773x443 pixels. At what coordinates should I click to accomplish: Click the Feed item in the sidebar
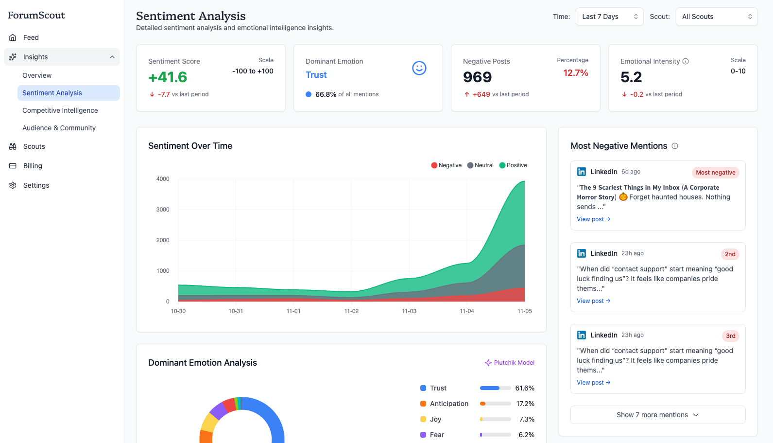point(31,37)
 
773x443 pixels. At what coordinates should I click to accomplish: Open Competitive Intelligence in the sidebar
point(60,110)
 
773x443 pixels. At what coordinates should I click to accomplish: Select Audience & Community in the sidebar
point(59,128)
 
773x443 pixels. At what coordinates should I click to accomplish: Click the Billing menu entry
point(33,166)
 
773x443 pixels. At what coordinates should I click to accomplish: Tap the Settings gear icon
point(13,185)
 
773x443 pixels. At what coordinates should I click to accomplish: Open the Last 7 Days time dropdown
point(609,17)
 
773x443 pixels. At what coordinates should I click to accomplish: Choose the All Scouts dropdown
point(716,17)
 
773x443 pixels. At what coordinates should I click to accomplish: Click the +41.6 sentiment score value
point(168,77)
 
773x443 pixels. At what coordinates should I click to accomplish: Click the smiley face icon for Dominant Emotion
point(419,68)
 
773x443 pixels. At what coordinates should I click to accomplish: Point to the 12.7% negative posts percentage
point(575,73)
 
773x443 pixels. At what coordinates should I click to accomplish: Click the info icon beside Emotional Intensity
point(686,61)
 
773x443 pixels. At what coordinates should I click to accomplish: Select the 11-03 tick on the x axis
point(409,311)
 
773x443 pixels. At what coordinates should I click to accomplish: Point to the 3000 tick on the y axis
point(163,210)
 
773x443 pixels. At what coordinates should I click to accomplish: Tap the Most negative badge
point(715,173)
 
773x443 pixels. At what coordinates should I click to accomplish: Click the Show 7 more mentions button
point(657,415)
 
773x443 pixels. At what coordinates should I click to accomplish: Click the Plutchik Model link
point(510,363)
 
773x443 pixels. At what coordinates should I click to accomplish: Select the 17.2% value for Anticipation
point(525,404)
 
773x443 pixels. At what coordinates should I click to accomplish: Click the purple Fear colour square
point(423,435)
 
